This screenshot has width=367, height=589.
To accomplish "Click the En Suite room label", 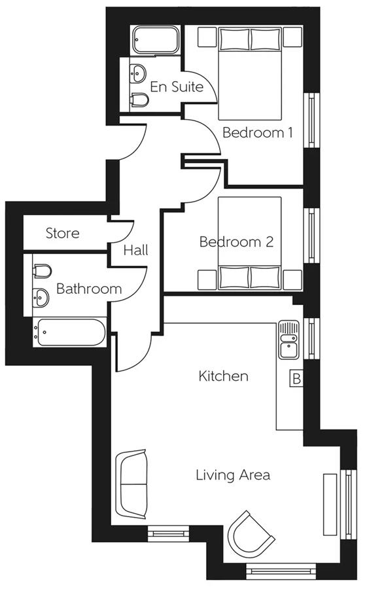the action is (x=177, y=87).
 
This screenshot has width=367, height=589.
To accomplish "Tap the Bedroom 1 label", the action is (x=258, y=132).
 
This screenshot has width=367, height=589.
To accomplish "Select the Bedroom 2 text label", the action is (x=236, y=241).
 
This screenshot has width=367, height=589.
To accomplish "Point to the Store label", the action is (x=62, y=233).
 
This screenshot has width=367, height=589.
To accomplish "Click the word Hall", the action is (x=135, y=250).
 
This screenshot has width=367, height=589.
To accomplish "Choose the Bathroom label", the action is (x=89, y=289).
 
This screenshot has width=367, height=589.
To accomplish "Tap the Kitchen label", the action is (x=224, y=376).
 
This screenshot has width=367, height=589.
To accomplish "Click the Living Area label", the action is (x=233, y=475).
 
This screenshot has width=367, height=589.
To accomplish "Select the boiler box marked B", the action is (x=296, y=379).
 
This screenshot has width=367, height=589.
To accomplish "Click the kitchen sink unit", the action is (x=288, y=340).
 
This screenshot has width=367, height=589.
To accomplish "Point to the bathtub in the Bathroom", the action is (x=69, y=332).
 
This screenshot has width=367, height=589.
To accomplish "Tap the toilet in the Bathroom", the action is (x=42, y=271).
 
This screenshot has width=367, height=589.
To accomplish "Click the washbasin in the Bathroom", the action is (x=41, y=298).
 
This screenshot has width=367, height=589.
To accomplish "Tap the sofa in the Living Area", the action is (x=131, y=484).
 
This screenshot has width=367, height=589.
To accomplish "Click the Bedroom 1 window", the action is (x=311, y=120).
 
